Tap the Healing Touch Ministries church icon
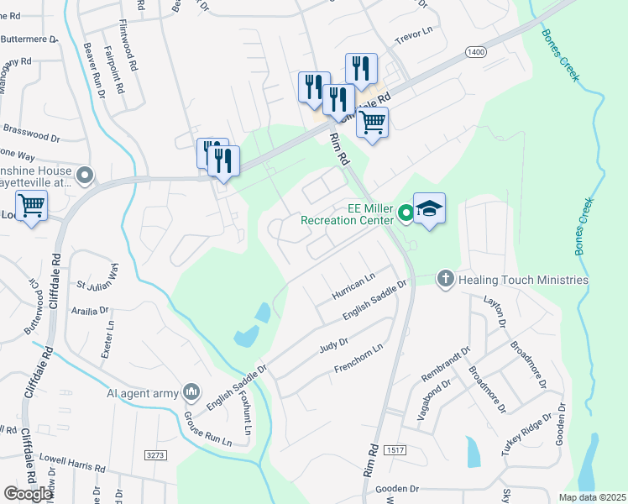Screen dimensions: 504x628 445,279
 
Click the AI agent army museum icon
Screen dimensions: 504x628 192,391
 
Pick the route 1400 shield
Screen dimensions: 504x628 476,52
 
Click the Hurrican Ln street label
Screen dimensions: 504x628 353,286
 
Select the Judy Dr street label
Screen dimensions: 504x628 333,346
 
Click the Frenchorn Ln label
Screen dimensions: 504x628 358,359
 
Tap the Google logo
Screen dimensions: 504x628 28,494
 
